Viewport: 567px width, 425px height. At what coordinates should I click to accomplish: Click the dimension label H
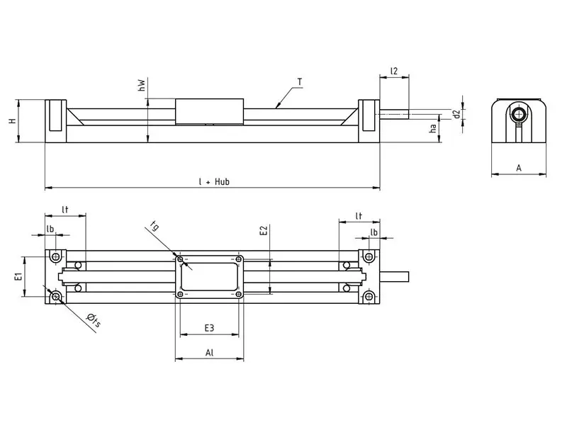point(12,121)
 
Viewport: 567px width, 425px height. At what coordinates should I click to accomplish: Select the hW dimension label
point(142,86)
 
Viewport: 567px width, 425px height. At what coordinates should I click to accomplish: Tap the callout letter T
point(300,82)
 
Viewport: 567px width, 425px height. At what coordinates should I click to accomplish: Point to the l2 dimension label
point(394,72)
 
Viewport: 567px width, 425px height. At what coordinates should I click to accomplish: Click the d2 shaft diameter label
point(457,113)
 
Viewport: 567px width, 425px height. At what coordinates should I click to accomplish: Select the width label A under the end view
point(519,168)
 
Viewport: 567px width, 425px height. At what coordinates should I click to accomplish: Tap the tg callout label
point(155,227)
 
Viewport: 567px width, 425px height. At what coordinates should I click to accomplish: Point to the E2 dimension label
point(263,231)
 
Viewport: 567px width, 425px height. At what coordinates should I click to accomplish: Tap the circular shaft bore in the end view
point(520,114)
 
